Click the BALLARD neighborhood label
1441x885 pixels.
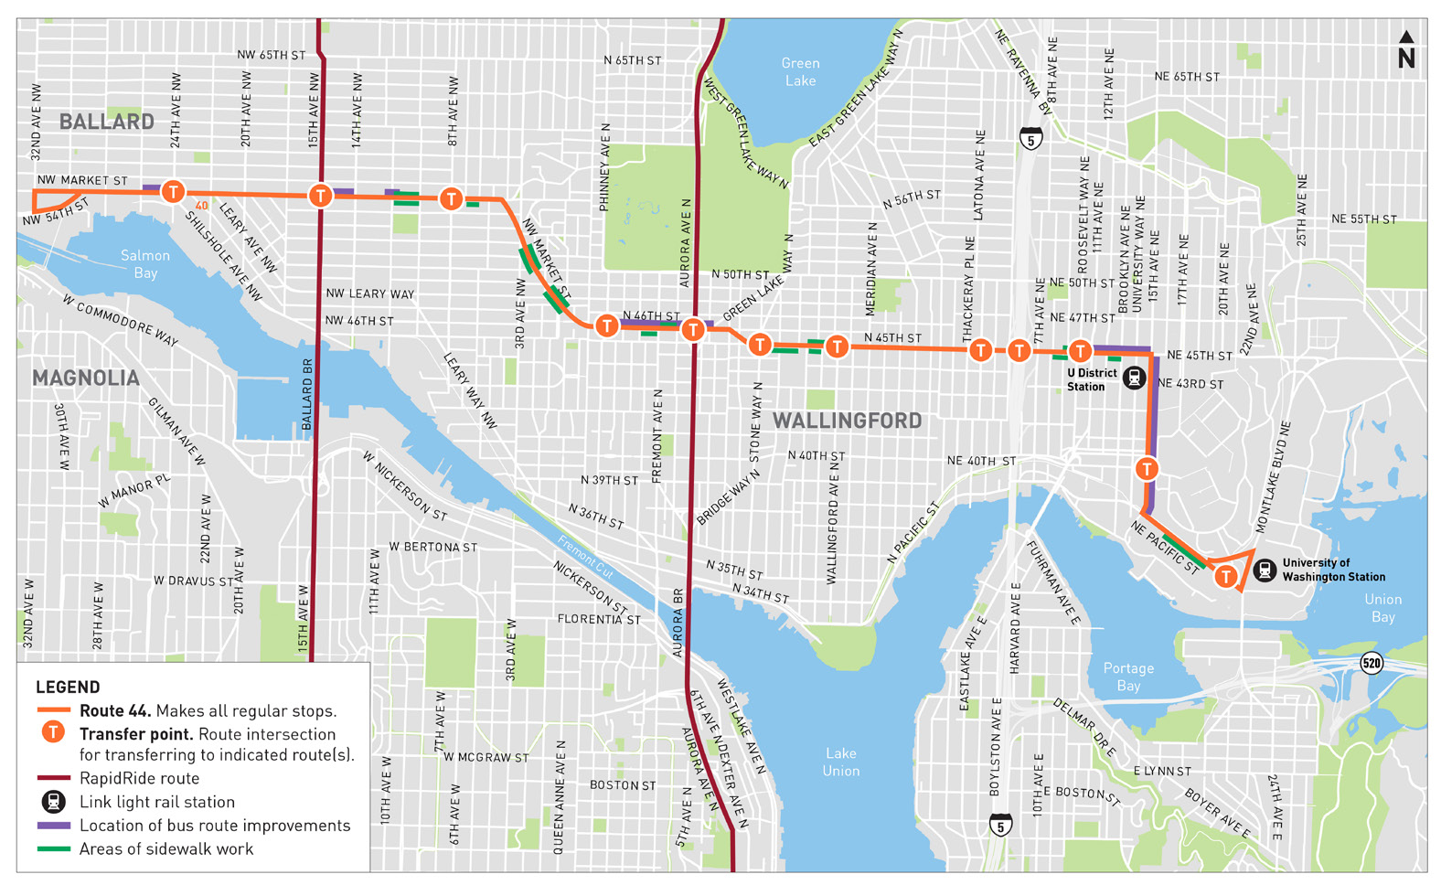pyautogui.click(x=106, y=122)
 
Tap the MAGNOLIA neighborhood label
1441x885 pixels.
pyautogui.click(x=86, y=379)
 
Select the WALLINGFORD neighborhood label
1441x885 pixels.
pyautogui.click(x=847, y=421)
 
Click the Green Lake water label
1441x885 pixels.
pyautogui.click(x=800, y=72)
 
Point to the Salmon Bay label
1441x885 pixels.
pyautogui.click(x=145, y=263)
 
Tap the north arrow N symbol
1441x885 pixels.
pyautogui.click(x=1406, y=51)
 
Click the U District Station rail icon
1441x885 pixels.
pyautogui.click(x=1134, y=378)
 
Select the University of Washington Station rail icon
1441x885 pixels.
pyautogui.click(x=1265, y=570)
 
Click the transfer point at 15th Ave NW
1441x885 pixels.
pyautogui.click(x=320, y=196)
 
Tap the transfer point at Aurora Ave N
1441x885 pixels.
pyautogui.click(x=693, y=329)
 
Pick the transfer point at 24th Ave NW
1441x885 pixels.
pyautogui.click(x=173, y=192)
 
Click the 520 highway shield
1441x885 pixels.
pyautogui.click(x=1371, y=663)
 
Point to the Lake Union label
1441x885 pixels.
pyautogui.click(x=840, y=762)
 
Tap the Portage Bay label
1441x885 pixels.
pyautogui.click(x=1128, y=677)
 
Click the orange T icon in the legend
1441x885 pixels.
pyautogui.click(x=54, y=732)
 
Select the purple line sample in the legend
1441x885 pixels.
pyautogui.click(x=53, y=826)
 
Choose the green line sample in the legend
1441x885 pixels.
pyautogui.click(x=53, y=849)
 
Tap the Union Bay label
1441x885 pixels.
pyautogui.click(x=1382, y=608)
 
